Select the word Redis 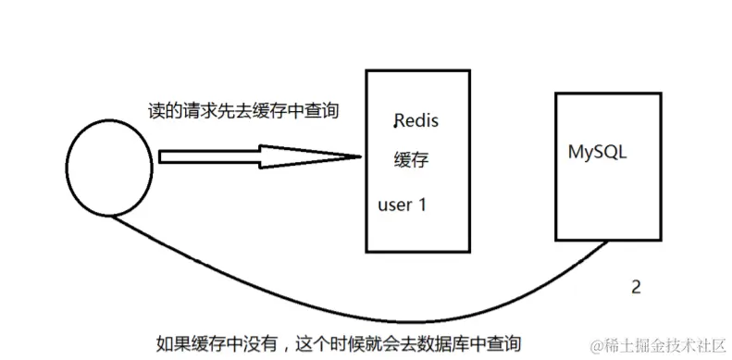click(416, 121)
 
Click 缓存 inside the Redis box click(412, 160)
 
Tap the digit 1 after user click(422, 205)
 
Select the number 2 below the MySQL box click(635, 287)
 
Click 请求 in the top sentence click(195, 110)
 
